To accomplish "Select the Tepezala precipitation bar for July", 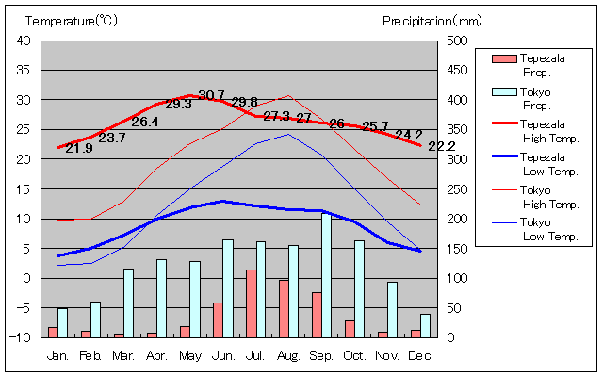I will point(252,303).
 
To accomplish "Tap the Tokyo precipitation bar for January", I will point(62,322).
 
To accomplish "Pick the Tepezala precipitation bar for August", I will point(284,308).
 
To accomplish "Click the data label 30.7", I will point(211,95).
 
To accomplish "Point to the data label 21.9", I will point(78,148).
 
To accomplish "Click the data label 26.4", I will point(144,122).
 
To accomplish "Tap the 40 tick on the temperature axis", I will point(24,41).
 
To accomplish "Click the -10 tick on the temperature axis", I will point(23,337).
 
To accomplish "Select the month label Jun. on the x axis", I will point(223,355).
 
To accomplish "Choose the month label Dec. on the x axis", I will point(420,355).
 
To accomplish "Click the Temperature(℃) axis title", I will point(72,20).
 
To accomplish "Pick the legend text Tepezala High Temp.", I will point(548,130).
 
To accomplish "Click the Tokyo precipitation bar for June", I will point(228,288).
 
